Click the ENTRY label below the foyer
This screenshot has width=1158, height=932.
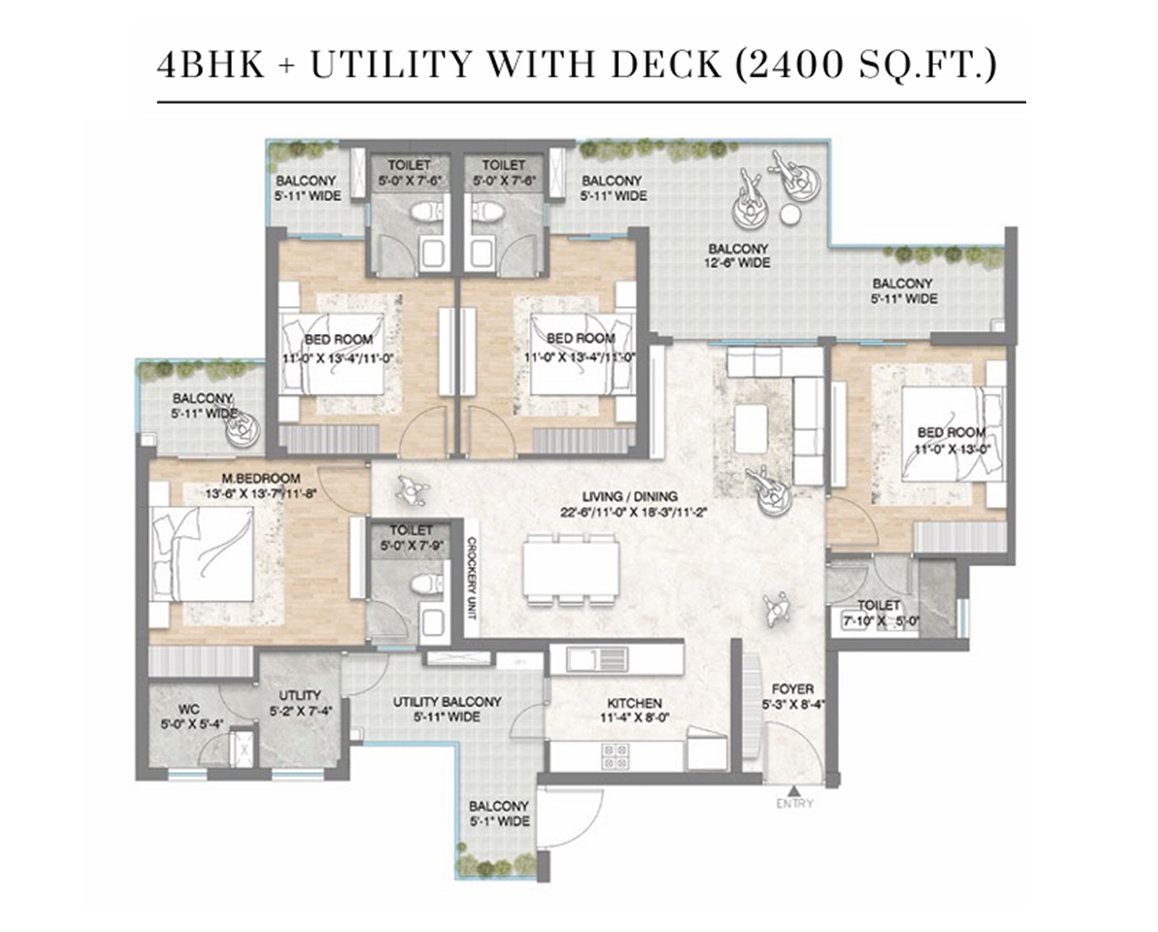tap(794, 803)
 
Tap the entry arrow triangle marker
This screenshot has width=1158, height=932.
tap(794, 790)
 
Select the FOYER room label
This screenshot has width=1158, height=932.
tap(793, 689)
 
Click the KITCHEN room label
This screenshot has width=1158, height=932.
tap(634, 703)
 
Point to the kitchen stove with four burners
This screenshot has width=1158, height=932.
tap(615, 757)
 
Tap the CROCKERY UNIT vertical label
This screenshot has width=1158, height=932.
tap(471, 578)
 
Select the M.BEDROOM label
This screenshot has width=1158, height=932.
tap(261, 478)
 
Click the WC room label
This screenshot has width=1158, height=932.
tap(189, 709)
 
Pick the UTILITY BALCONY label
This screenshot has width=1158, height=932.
tap(447, 702)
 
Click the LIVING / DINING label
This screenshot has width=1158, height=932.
tap(630, 497)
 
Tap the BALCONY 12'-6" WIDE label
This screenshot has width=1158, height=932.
tap(738, 256)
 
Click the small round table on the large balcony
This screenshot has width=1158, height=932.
tap(791, 215)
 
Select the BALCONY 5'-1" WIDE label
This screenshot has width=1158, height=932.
tap(499, 814)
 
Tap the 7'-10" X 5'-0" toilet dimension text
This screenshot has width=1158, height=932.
tap(881, 621)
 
